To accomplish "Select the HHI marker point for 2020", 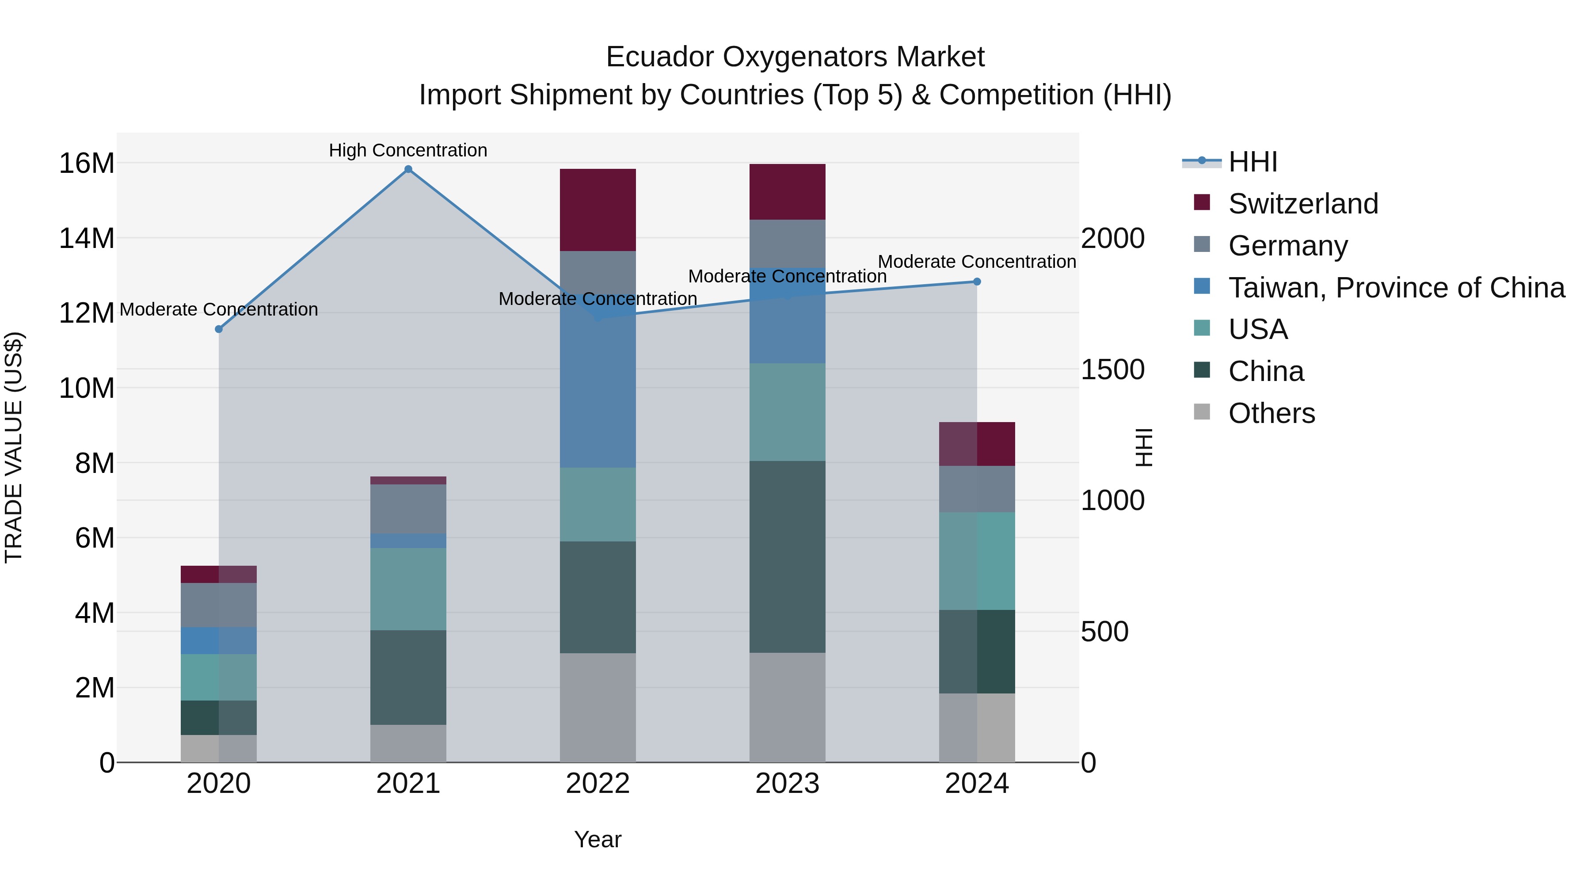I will pos(219,329).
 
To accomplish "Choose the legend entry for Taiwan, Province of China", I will pos(1396,288).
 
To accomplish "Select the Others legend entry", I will pos(1271,413).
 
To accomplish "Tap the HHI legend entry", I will pos(1252,162).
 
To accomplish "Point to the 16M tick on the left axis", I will pos(87,164).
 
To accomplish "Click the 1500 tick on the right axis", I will pos(1112,369).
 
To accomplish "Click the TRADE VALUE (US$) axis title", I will pos(14,447).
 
